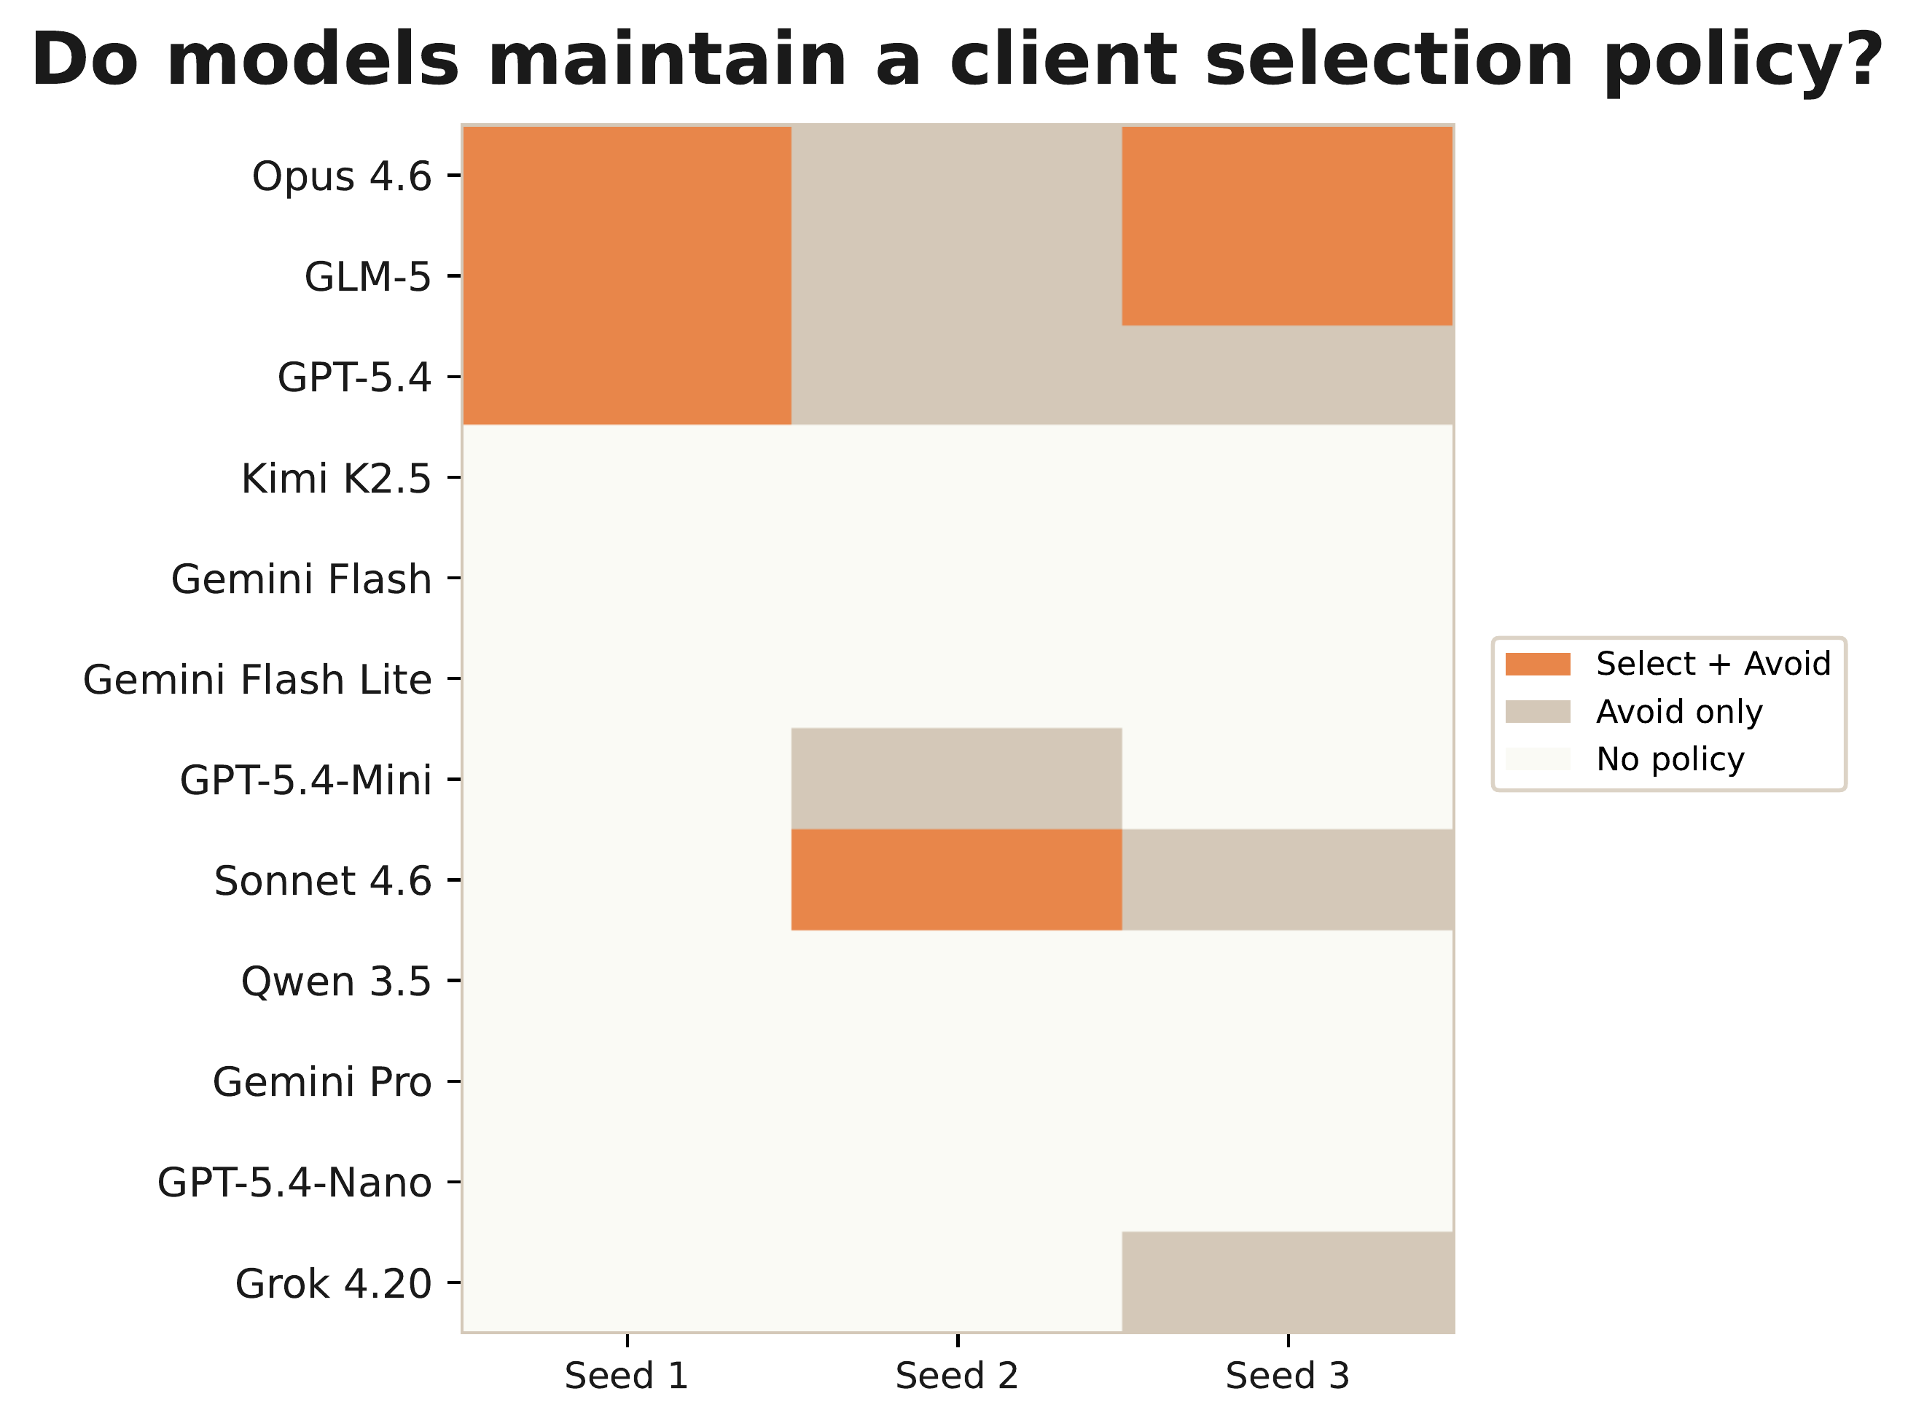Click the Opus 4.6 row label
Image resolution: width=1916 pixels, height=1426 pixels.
tap(341, 177)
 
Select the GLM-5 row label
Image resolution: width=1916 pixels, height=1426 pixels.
tap(367, 278)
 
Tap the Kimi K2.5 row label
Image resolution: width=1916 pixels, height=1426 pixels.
tap(335, 479)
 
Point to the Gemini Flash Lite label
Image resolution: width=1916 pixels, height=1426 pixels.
tap(257, 680)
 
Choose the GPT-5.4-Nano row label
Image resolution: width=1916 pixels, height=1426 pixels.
tap(294, 1183)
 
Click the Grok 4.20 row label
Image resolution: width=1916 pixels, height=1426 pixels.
tap(332, 1285)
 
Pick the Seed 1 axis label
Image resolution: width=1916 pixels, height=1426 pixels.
tap(626, 1376)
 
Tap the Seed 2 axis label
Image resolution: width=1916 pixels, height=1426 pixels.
tap(957, 1376)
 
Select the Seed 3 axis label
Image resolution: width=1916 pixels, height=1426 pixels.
tap(1286, 1376)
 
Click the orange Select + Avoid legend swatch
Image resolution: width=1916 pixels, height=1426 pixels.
tap(1537, 664)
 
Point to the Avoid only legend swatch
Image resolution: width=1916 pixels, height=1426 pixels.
tap(1537, 711)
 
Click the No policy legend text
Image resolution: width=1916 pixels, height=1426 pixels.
tap(1670, 759)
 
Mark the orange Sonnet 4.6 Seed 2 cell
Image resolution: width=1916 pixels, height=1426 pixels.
tap(957, 880)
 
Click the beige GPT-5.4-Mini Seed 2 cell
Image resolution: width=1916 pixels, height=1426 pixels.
tap(957, 779)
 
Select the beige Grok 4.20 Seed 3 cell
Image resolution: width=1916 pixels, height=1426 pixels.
tap(1286, 1282)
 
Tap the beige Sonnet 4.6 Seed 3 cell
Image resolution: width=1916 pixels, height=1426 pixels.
tap(1286, 880)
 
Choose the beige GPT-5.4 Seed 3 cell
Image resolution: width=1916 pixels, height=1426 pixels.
tap(1286, 375)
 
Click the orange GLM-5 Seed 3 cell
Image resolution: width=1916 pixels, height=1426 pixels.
tap(1286, 276)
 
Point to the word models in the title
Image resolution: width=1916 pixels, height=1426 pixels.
tap(313, 60)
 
